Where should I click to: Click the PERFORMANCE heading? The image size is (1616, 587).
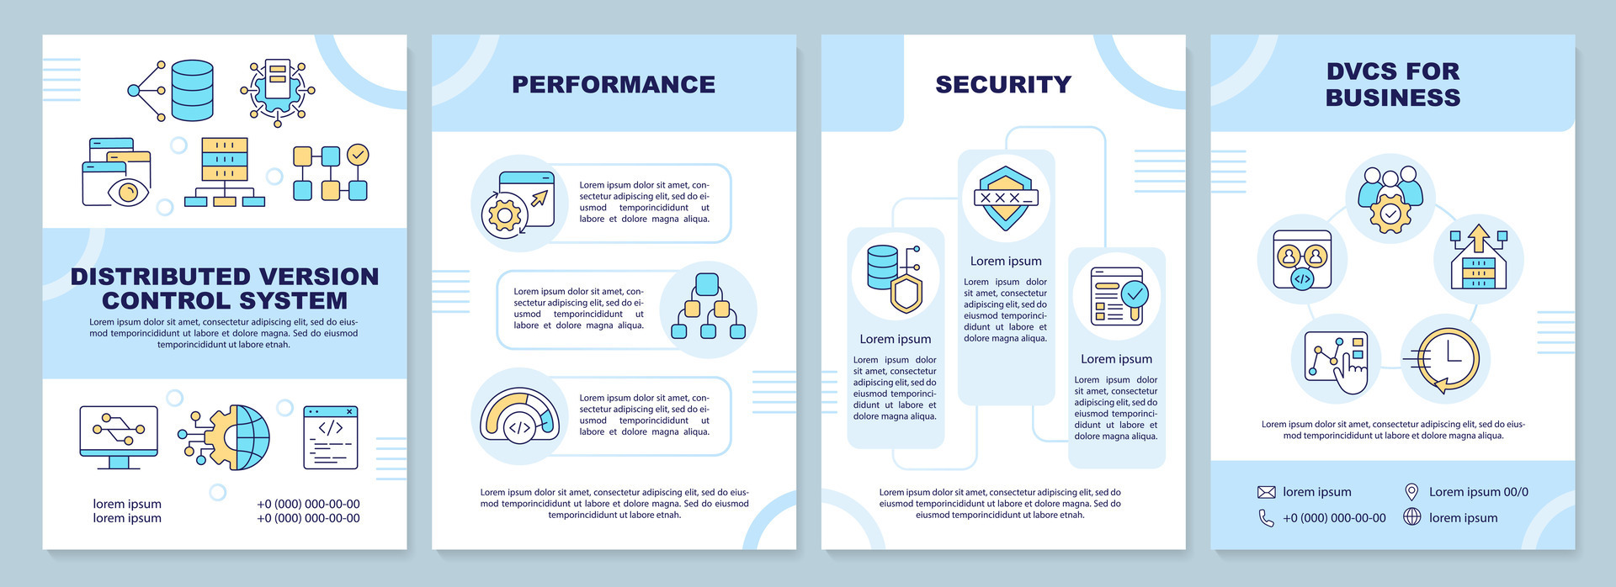pyautogui.click(x=614, y=84)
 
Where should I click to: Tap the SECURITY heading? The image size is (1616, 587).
pyautogui.click(x=1003, y=84)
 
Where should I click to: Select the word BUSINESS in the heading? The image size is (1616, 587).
pyautogui.click(x=1393, y=98)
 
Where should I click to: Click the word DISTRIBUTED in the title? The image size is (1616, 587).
pyautogui.click(x=150, y=277)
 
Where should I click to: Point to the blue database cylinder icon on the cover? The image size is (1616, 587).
pyautogui.click(x=192, y=90)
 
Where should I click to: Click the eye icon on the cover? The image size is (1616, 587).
pyautogui.click(x=128, y=192)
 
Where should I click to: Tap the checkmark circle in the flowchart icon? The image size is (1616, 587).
pyautogui.click(x=358, y=155)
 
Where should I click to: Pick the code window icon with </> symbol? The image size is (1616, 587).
pyautogui.click(x=331, y=437)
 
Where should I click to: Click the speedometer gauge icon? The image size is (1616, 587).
pyautogui.click(x=519, y=415)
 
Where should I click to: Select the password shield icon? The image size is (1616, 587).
pyautogui.click(x=1006, y=198)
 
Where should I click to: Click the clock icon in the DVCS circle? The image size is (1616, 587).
pyautogui.click(x=1446, y=359)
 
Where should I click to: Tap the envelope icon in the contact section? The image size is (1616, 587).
pyautogui.click(x=1266, y=492)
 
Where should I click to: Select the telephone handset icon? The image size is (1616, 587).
pyautogui.click(x=1266, y=518)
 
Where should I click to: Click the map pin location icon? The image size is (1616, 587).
pyautogui.click(x=1411, y=492)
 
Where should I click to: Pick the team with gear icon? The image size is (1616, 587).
pyautogui.click(x=1390, y=199)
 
